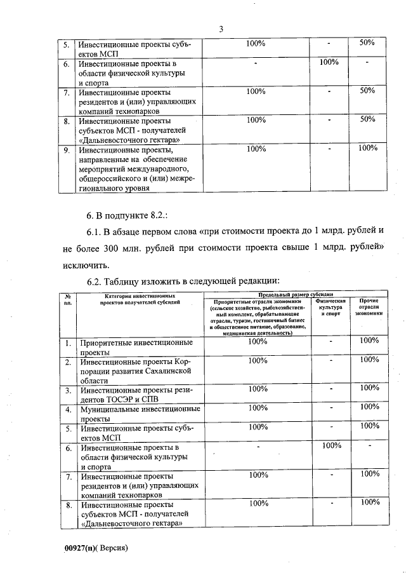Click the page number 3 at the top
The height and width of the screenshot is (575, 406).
(221, 29)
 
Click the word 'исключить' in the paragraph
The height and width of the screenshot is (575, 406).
(84, 265)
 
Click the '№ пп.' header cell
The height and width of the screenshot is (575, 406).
(67, 299)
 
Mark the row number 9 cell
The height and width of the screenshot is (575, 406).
(67, 151)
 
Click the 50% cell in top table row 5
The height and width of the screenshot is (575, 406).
(367, 43)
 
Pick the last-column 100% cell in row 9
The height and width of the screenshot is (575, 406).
(367, 149)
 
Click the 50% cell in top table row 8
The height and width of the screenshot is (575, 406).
(367, 119)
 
